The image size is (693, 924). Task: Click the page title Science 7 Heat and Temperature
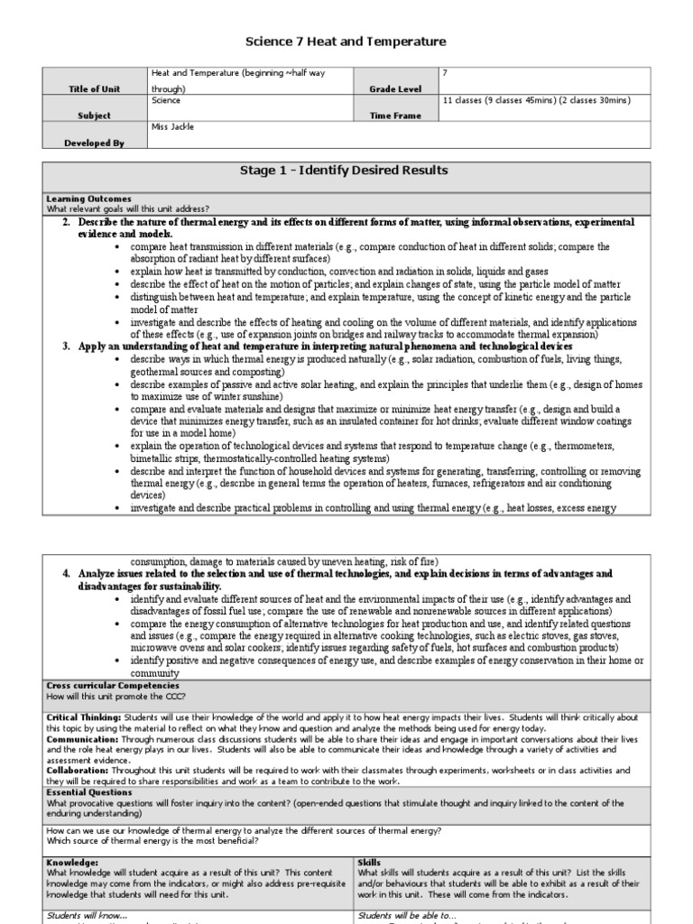click(x=346, y=42)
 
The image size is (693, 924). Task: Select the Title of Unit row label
click(x=95, y=89)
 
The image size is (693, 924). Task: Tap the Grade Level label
click(x=394, y=89)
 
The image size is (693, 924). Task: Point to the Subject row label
click(x=95, y=115)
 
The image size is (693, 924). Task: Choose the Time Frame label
click(x=394, y=115)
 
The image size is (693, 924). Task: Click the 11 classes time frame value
click(x=535, y=100)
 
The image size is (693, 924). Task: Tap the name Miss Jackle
click(x=172, y=127)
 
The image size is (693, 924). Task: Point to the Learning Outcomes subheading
click(x=88, y=198)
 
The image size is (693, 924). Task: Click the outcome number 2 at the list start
click(x=67, y=222)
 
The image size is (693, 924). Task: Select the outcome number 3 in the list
click(x=67, y=346)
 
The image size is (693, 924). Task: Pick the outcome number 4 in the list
click(x=67, y=574)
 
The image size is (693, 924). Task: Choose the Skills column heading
click(x=370, y=862)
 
